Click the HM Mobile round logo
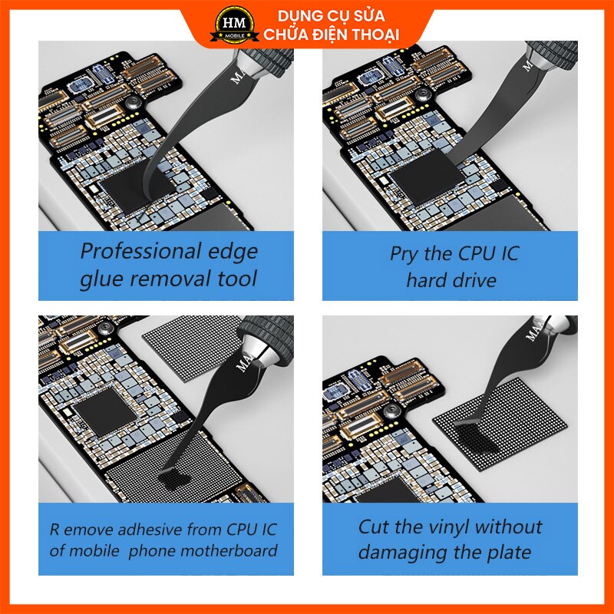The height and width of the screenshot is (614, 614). point(234,25)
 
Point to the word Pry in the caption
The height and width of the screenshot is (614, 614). point(404,255)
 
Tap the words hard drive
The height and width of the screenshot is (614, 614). point(451,280)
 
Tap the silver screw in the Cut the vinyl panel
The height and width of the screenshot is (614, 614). point(391,411)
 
